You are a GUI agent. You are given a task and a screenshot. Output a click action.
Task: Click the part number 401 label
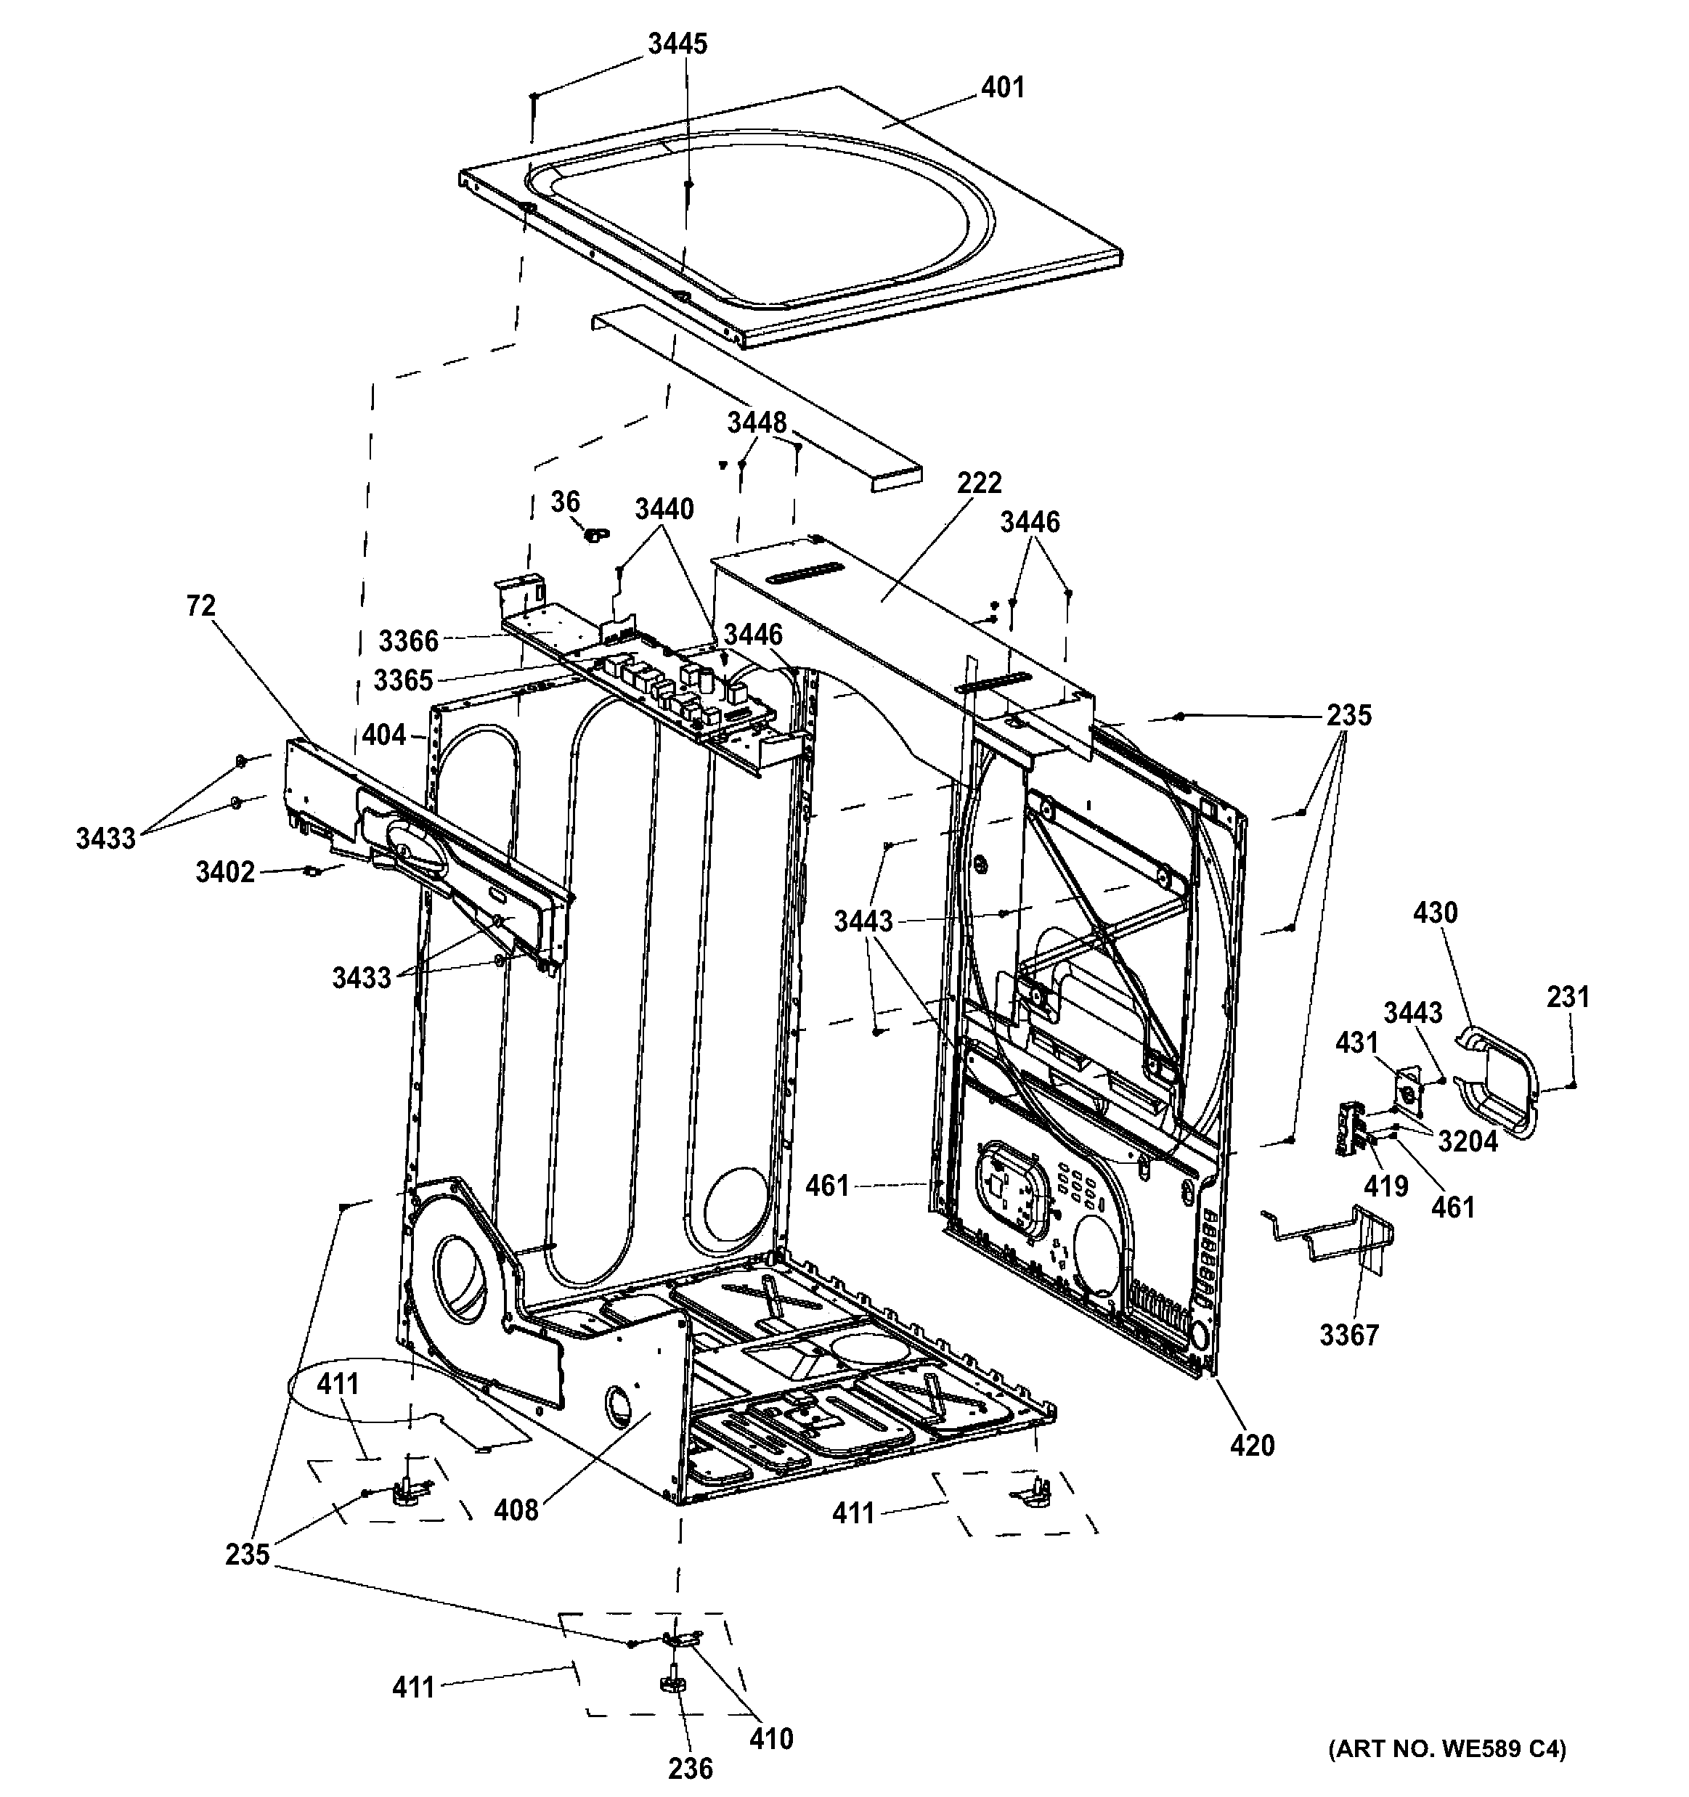(1003, 88)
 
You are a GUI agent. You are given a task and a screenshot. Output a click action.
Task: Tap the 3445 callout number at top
(677, 44)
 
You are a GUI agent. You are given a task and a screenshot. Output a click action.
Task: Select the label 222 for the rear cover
(980, 483)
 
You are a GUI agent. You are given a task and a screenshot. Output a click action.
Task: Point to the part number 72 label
(200, 606)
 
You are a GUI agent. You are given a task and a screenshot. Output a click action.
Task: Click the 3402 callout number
(225, 872)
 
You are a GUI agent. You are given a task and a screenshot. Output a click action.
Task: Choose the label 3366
(409, 641)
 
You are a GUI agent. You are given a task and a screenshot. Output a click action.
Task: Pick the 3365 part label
(403, 680)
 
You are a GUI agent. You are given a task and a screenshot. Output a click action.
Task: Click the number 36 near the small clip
(565, 502)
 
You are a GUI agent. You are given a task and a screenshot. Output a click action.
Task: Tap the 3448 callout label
(757, 422)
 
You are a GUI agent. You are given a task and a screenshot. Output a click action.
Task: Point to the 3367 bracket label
(1349, 1334)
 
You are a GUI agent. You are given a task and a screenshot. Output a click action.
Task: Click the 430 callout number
(1435, 913)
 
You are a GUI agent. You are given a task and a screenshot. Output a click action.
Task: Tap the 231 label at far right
(1568, 997)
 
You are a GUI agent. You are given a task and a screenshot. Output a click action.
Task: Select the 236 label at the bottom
(690, 1767)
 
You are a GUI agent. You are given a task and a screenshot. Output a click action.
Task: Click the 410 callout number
(770, 1737)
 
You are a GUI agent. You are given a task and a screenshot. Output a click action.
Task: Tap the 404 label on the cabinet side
(384, 735)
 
